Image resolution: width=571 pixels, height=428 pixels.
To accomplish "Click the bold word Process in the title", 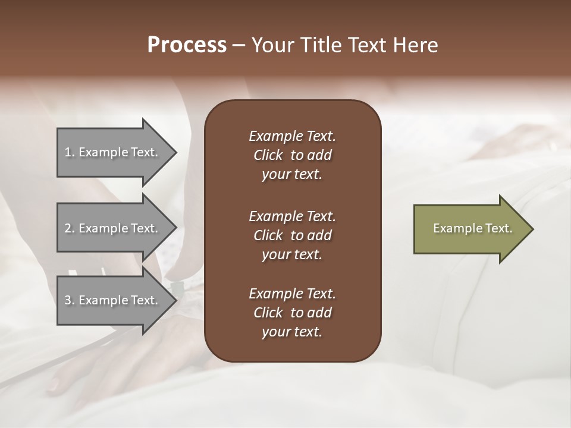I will [187, 45].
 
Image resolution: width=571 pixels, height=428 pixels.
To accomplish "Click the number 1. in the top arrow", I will [70, 152].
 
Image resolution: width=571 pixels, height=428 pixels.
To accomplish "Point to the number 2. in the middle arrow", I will [70, 228].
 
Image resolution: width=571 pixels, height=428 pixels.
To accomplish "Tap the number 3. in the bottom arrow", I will [70, 300].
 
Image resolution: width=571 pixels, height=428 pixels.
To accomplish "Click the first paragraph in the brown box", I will [292, 155].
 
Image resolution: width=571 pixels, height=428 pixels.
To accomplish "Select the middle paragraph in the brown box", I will [292, 235].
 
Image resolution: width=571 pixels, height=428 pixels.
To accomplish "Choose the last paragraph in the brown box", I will [292, 313].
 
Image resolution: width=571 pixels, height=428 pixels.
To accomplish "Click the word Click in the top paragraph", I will [268, 155].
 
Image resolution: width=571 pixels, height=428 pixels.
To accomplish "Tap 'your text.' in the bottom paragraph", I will [292, 332].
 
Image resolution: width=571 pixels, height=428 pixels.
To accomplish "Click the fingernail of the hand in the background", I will [54, 386].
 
